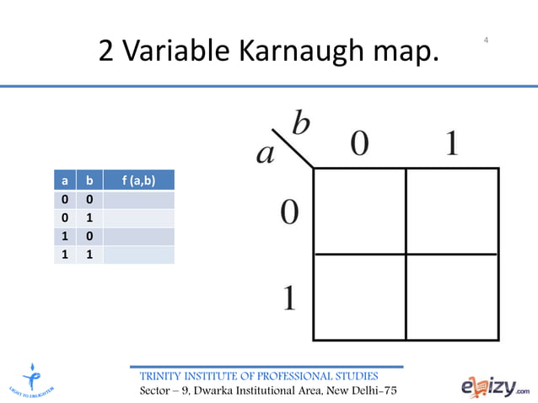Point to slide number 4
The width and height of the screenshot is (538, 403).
pos(487,40)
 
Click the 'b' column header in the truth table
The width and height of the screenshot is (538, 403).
pos(90,180)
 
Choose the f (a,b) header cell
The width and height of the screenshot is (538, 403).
pos(138,180)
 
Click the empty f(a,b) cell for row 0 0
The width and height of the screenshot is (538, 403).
pos(138,199)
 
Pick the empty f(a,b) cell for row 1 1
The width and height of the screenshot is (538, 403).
pos(138,255)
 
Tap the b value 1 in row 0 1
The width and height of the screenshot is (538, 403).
pos(90,218)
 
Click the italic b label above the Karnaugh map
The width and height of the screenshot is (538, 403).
pos(300,125)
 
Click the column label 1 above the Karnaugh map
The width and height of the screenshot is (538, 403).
pos(451,144)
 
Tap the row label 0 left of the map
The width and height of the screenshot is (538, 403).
pos(288,212)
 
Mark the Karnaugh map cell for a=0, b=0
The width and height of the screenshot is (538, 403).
pos(359,211)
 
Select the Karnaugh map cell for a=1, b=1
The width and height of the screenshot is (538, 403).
pos(452,297)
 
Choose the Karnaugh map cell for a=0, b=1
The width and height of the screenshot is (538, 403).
pos(452,211)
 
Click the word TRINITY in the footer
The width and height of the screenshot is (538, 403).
pos(160,375)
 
